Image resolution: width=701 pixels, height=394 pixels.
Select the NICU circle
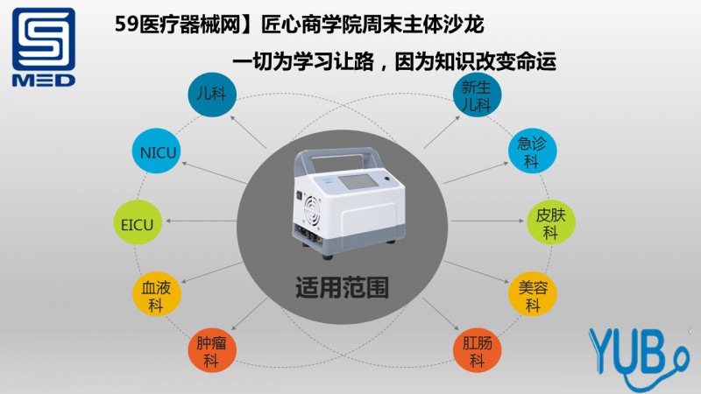point(159,153)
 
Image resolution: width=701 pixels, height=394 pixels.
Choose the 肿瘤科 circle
point(210,350)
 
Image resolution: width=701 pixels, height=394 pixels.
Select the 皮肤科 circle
point(550,224)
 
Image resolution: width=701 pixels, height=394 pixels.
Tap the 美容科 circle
point(532,295)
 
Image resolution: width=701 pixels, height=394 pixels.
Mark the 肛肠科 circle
point(478,350)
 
